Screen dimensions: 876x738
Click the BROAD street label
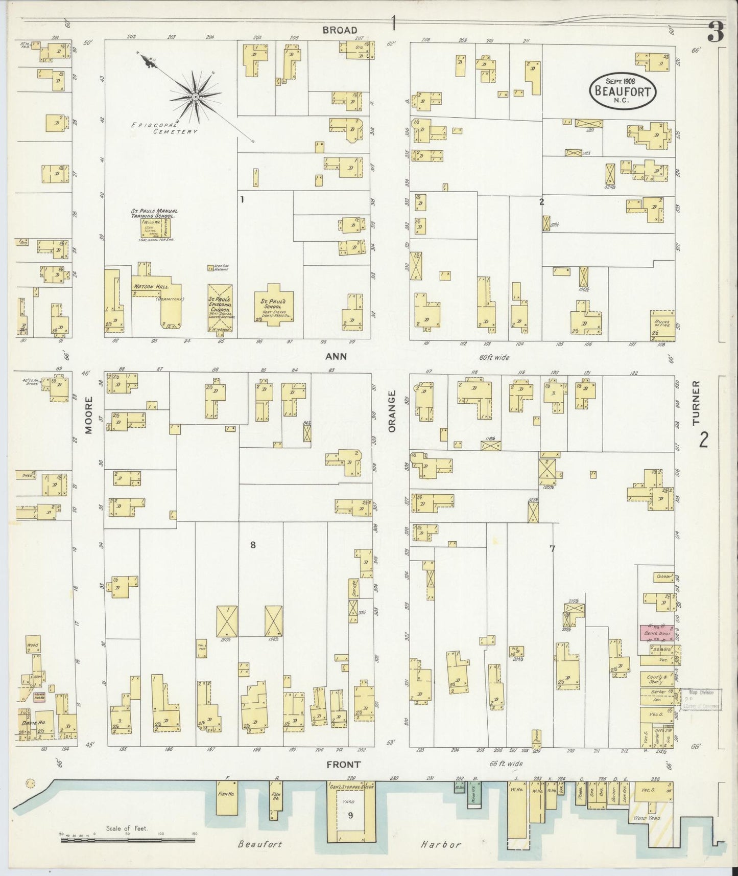click(x=340, y=30)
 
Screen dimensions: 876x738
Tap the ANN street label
click(x=337, y=356)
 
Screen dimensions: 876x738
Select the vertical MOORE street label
click(x=89, y=422)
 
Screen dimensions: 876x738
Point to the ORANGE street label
click(x=392, y=412)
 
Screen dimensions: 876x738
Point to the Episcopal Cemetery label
click(x=163, y=128)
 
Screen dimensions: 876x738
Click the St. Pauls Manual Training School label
click(x=154, y=213)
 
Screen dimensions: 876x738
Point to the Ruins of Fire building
click(x=662, y=325)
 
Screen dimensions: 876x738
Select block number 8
click(x=252, y=545)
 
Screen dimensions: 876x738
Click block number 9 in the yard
click(x=350, y=815)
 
